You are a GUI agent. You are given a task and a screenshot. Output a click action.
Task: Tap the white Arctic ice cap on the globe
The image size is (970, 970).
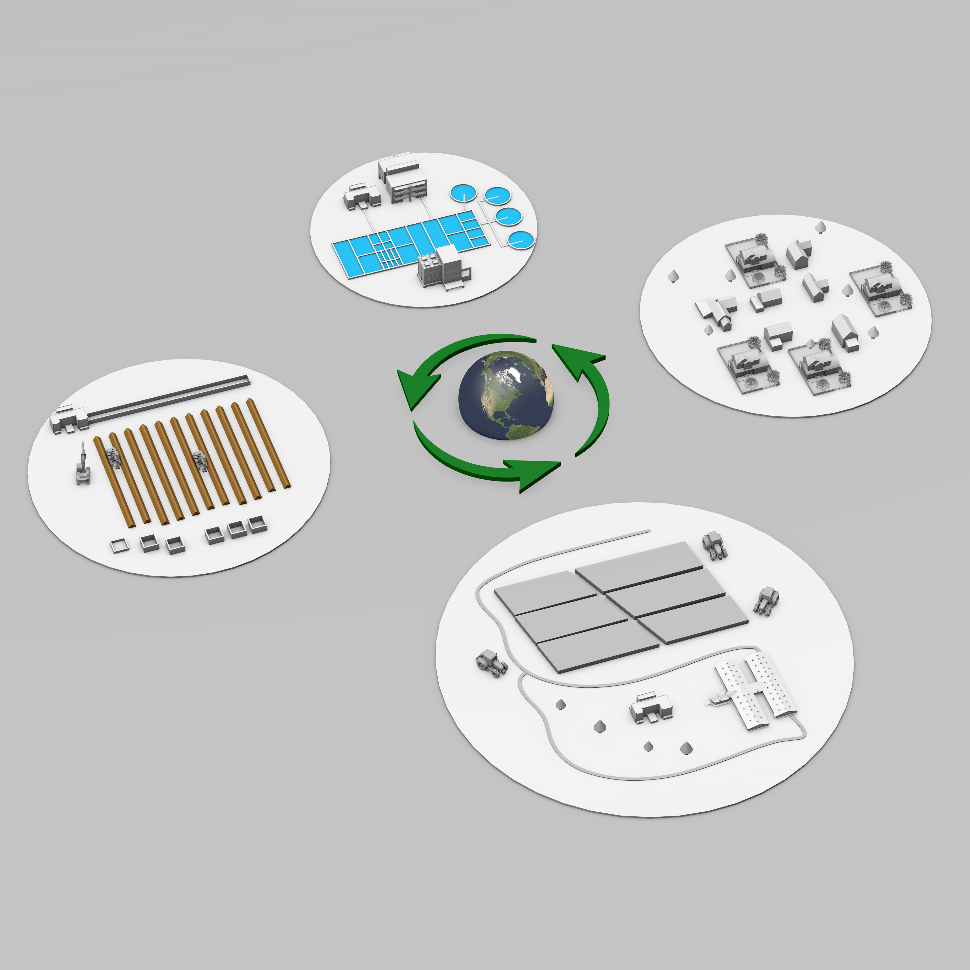(517, 373)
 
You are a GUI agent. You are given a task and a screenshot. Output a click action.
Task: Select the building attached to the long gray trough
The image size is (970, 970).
(68, 418)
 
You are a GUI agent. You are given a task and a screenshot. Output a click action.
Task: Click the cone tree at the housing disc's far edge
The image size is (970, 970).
(821, 227)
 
